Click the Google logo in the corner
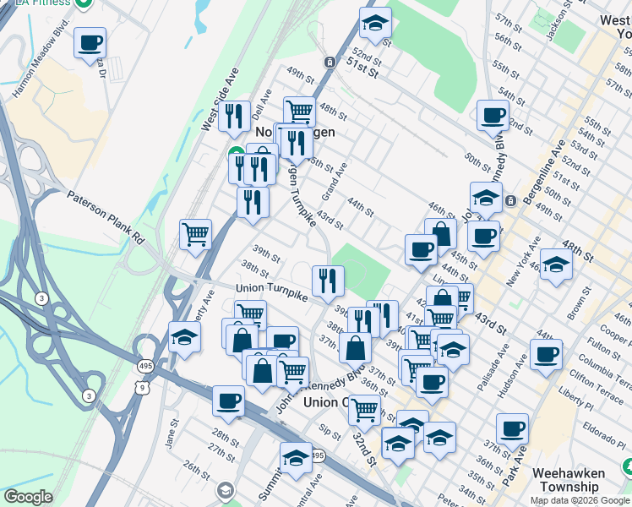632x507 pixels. pos(28,497)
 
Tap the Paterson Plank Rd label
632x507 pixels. pos(106,216)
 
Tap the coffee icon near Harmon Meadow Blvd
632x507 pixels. pos(90,42)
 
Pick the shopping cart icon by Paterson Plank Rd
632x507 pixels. pos(195,234)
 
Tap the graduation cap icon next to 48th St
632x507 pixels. pos(555,264)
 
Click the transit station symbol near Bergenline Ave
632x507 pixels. pos(511,200)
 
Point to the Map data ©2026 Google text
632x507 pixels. pos(580,500)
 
